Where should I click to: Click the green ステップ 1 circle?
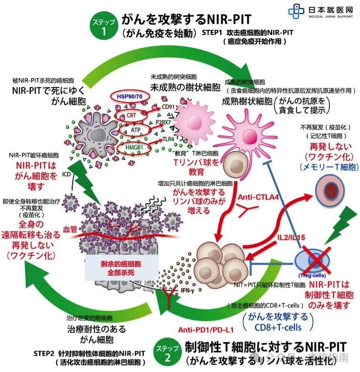tap(103, 26)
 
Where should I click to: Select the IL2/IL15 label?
tap(291, 238)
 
